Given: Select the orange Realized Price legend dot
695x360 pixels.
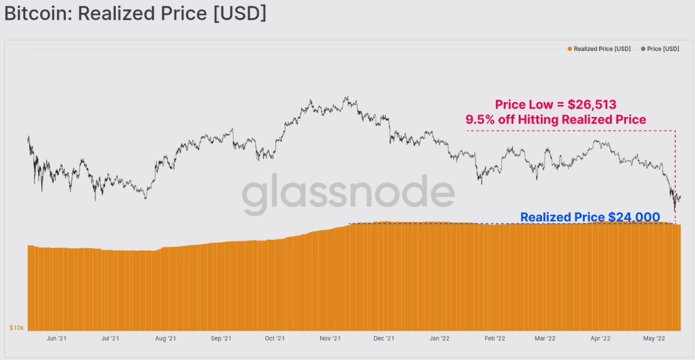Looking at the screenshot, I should click(569, 49).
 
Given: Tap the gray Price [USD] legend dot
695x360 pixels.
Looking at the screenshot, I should click(643, 49).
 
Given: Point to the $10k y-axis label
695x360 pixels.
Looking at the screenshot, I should click(16, 328).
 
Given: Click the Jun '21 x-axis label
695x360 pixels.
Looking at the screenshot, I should click(56, 339).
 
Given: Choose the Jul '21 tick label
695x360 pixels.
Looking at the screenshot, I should click(110, 339).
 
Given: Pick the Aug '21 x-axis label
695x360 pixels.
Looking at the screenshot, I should click(166, 339).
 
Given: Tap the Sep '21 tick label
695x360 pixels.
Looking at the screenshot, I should click(221, 339).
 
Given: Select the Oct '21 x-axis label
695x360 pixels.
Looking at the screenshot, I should click(275, 339).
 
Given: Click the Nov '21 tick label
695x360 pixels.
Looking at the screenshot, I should click(330, 339).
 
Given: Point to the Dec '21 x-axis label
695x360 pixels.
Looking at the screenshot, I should click(384, 339).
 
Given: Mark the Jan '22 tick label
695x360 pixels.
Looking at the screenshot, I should click(440, 339).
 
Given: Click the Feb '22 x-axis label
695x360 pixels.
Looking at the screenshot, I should click(495, 339).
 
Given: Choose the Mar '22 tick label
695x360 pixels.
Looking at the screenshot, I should click(544, 339).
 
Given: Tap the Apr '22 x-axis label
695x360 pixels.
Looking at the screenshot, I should click(600, 339).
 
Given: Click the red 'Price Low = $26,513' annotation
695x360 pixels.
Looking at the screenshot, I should click(555, 104).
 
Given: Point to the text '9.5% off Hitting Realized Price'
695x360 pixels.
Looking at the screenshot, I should click(556, 120).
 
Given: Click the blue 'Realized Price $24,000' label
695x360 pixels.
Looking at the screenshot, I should click(590, 217).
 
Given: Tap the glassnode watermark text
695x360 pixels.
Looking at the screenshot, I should click(348, 195).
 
